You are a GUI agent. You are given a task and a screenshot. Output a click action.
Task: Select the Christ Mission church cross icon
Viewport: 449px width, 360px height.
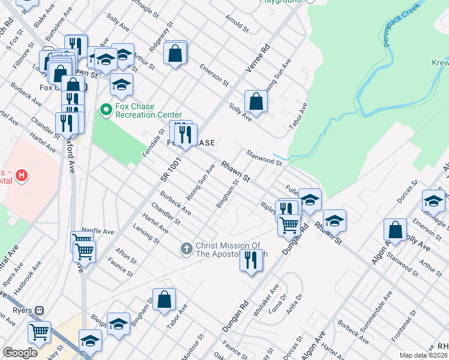187,248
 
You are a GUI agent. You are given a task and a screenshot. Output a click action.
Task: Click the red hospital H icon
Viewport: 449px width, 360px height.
22,176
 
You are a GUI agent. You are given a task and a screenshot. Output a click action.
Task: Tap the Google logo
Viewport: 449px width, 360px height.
20,353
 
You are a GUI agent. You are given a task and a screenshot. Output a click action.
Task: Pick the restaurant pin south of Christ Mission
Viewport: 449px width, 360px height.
251,260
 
